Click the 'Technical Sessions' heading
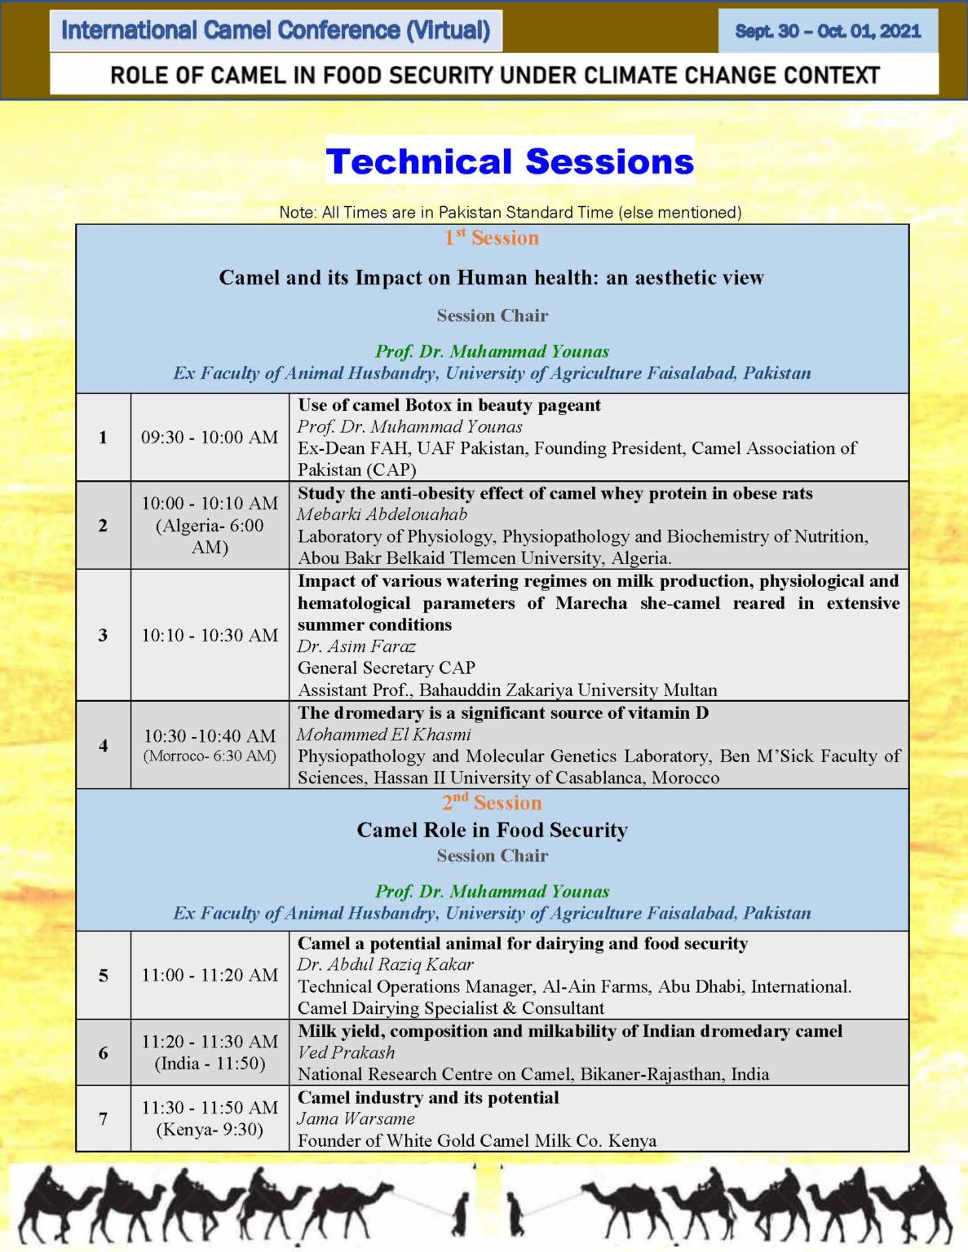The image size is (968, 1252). (x=510, y=161)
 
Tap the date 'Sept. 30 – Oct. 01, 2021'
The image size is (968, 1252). (x=828, y=30)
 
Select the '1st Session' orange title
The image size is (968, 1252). (x=492, y=237)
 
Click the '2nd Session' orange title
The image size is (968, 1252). (x=492, y=802)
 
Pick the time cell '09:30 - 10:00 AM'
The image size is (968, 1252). (x=210, y=438)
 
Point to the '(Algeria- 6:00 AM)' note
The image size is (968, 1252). (x=210, y=536)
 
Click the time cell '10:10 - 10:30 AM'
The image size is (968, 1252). (x=210, y=635)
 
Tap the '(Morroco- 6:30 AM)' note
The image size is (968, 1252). (x=210, y=756)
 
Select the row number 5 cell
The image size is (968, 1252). (x=103, y=975)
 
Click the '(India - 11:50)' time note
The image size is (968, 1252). (x=210, y=1063)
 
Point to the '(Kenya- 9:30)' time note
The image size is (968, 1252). (x=210, y=1129)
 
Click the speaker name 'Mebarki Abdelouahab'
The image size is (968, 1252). (x=382, y=514)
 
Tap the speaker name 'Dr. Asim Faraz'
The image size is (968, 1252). (x=356, y=646)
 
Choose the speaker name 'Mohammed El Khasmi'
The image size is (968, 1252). (x=384, y=734)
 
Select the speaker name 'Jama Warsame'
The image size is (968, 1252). (x=356, y=1118)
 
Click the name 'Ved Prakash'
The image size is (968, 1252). (x=346, y=1052)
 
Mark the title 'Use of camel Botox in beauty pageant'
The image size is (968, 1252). (x=449, y=405)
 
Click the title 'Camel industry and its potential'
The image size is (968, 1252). (x=427, y=1097)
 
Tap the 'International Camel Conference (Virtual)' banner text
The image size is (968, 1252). (x=276, y=30)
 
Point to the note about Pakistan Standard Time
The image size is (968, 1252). (x=510, y=213)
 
